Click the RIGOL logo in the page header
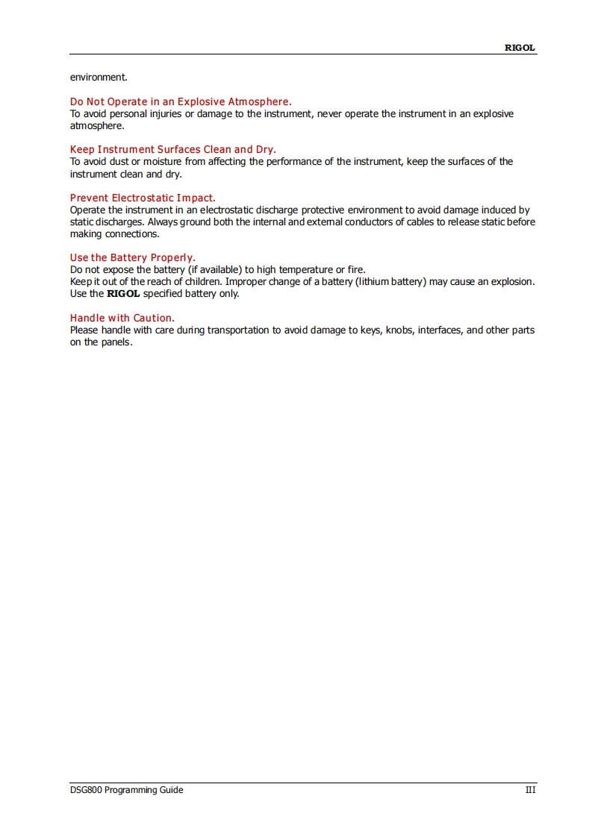[x=520, y=48]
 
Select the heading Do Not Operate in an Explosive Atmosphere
[x=181, y=101]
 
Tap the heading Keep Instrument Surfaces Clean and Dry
[x=172, y=149]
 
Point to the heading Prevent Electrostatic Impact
[x=143, y=198]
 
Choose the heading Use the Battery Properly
[x=133, y=258]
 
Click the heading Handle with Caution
[x=122, y=318]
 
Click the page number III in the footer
[x=530, y=790]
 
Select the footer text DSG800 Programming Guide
[x=126, y=790]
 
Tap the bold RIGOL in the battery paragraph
[x=123, y=294]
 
